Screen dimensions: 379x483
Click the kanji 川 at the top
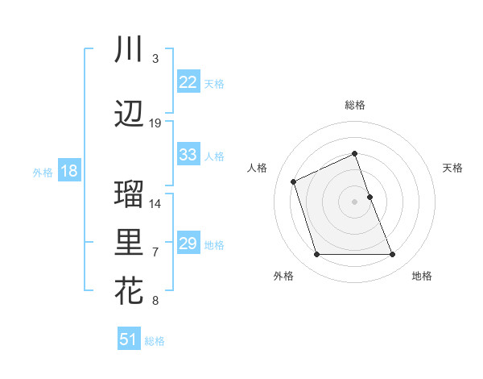point(129,50)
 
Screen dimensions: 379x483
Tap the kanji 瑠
point(129,194)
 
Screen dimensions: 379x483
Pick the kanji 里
point(129,243)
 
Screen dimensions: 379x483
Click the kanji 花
point(129,291)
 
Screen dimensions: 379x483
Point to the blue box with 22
point(188,82)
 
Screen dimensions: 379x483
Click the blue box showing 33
point(188,155)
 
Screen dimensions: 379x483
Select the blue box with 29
point(188,244)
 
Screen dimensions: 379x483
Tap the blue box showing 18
point(68,171)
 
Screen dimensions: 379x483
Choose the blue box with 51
point(129,339)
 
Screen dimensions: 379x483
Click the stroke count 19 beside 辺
point(155,123)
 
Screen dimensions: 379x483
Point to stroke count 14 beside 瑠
point(155,203)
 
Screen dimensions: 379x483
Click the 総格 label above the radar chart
point(354,105)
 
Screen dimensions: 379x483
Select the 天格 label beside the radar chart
point(452,168)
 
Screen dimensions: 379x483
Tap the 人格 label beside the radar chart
point(257,168)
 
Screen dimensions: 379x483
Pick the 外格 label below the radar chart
point(283,277)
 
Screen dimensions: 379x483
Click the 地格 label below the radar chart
point(422,277)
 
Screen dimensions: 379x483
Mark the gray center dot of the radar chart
point(354,201)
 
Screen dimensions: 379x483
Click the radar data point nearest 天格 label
point(369,196)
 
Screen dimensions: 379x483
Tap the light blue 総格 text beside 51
point(155,341)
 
